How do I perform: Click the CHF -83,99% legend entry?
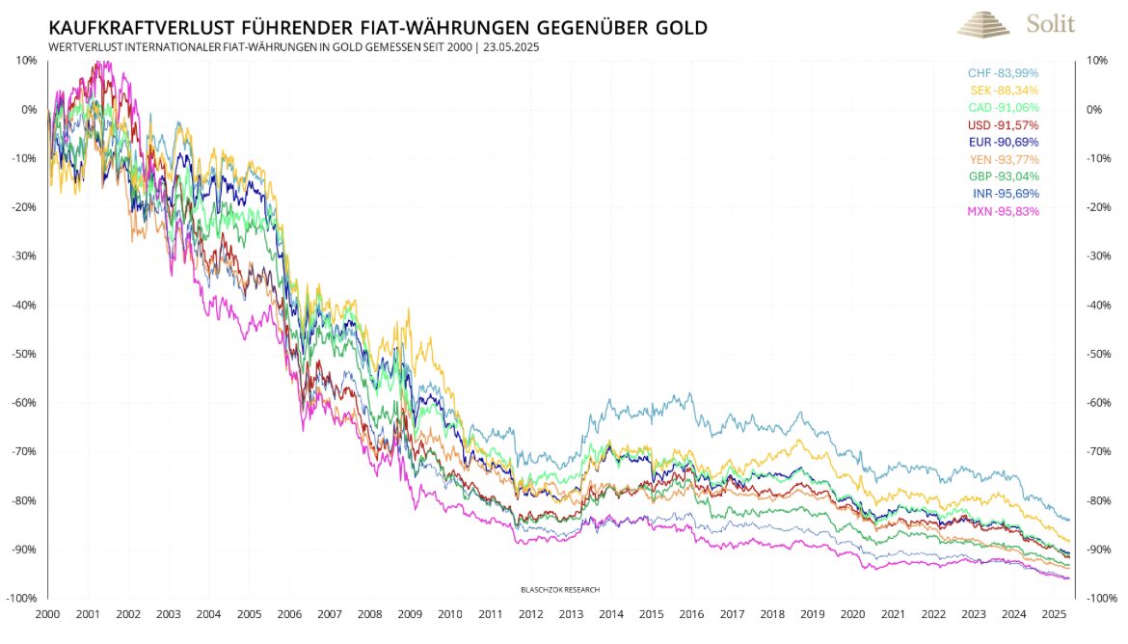pos(1004,73)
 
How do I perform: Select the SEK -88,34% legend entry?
pos(1004,91)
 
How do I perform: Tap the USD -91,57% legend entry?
pos(1004,125)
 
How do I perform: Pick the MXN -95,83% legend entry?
pos(1004,211)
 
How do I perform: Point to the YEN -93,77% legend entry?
pos(1004,159)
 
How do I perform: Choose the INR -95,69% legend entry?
pos(1004,194)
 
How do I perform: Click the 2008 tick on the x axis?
pos(369,614)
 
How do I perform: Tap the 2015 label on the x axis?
pos(651,614)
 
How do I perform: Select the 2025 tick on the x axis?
pos(1055,614)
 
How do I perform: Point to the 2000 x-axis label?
pos(47,614)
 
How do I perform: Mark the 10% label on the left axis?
pos(26,60)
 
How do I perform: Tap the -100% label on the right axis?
pos(1102,599)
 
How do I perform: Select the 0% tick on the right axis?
pos(1094,109)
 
